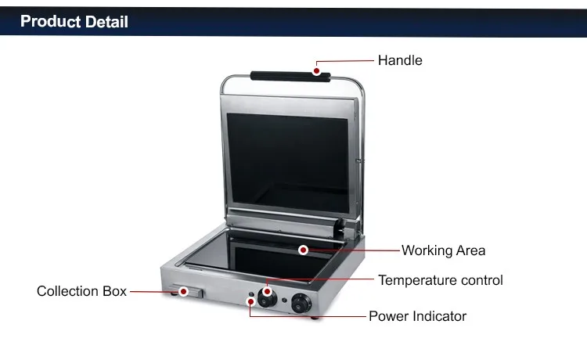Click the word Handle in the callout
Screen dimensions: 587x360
pyautogui.click(x=400, y=60)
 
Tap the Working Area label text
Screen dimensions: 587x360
pyautogui.click(x=443, y=250)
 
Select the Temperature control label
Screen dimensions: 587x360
pyautogui.click(x=440, y=280)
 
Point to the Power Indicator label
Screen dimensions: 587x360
pyautogui.click(x=417, y=316)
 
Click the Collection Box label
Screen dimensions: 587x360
pyautogui.click(x=81, y=291)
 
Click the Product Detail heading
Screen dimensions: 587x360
pyautogui.click(x=74, y=21)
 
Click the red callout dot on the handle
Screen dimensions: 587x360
pyautogui.click(x=316, y=70)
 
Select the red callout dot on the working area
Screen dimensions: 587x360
pyautogui.click(x=302, y=250)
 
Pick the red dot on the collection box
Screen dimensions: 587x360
pyautogui.click(x=183, y=292)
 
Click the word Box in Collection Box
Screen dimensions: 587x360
pyautogui.click(x=113, y=291)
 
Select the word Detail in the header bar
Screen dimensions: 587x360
pyautogui.click(x=103, y=21)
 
